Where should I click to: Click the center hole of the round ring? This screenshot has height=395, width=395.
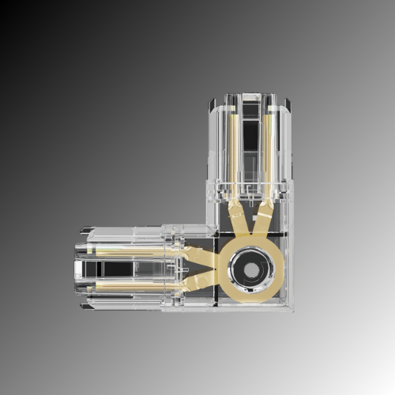pos(250,269)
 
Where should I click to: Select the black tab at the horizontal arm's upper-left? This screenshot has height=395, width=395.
pos(85,231)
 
